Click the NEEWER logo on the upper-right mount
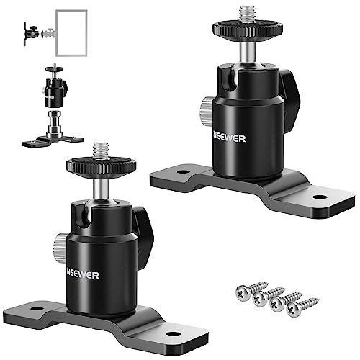[x=230, y=138]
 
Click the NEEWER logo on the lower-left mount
[x=83, y=275]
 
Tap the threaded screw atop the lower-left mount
[x=101, y=150]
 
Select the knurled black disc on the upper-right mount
[x=248, y=29]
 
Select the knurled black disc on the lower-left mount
[x=102, y=166]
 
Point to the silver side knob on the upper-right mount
[x=206, y=111]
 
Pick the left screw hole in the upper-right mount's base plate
[x=184, y=172]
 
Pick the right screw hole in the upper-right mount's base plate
[x=320, y=197]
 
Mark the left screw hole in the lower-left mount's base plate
[x=37, y=309]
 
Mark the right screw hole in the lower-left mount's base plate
[x=174, y=334]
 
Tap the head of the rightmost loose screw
[x=294, y=310]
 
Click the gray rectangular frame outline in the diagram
[x=56, y=33]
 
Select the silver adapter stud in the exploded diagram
[x=54, y=124]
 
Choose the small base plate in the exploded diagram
[x=53, y=142]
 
